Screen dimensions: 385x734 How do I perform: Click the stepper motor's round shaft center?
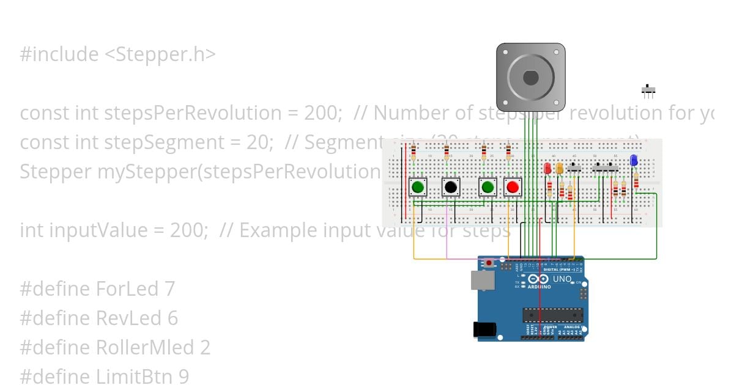click(x=530, y=78)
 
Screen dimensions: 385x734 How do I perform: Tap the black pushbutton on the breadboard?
click(x=451, y=187)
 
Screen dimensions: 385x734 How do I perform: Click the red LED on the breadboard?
click(x=547, y=168)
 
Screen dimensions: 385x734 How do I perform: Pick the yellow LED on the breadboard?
click(x=560, y=168)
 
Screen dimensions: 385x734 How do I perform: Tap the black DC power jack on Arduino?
click(x=484, y=329)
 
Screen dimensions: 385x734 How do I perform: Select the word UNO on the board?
click(x=562, y=279)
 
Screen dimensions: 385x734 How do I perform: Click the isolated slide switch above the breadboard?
click(x=648, y=91)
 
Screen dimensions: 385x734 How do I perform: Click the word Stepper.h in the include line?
click(x=160, y=54)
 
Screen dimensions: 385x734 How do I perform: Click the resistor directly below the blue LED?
click(x=636, y=181)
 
